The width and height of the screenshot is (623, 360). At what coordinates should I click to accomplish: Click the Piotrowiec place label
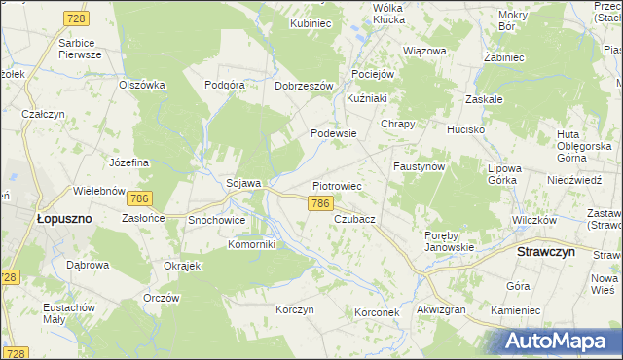[x=337, y=185]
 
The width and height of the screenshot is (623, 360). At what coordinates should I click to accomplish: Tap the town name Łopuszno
[x=63, y=219]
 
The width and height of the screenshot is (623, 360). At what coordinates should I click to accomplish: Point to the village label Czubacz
[x=354, y=220]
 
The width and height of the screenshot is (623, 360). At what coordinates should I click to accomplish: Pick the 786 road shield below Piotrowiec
[x=322, y=203]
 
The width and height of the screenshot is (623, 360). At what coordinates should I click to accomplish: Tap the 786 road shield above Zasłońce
[x=140, y=198]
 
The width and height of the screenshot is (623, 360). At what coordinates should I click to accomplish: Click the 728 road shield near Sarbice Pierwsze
[x=75, y=18]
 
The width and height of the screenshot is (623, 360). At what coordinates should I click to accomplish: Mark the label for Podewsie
[x=333, y=133]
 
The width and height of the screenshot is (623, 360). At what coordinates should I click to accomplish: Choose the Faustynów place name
[x=419, y=166]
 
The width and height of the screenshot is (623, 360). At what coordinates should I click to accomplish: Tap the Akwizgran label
[x=441, y=309]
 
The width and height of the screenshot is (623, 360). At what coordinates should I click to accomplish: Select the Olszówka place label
[x=142, y=85]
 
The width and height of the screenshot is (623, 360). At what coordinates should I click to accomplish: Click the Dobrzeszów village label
[x=305, y=85]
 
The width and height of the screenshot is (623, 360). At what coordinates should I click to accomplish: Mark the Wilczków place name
[x=532, y=220]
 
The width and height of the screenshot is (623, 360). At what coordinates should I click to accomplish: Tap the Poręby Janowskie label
[x=449, y=240]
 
